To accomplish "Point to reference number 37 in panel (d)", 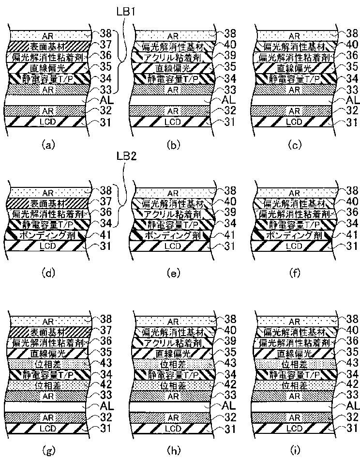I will point(107,201).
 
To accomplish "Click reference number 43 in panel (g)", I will point(107,363).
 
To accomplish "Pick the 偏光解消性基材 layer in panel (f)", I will point(291,202).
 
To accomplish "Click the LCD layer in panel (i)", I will point(291,428).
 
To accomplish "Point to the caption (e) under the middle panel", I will point(171,273).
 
